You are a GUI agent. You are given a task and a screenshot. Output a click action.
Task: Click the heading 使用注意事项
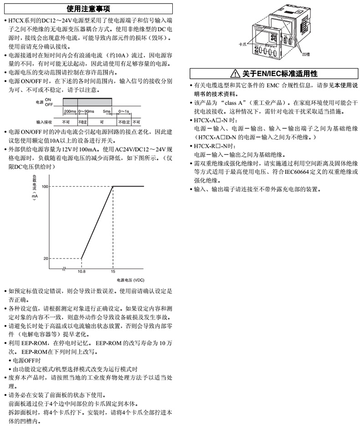[88, 8]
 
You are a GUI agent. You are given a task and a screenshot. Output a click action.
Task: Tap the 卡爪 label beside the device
[242, 45]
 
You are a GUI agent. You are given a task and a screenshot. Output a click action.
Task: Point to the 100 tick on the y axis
[45, 186]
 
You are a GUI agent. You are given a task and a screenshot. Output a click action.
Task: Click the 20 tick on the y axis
[46, 259]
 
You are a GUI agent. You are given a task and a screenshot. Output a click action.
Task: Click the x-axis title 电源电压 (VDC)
[130, 280]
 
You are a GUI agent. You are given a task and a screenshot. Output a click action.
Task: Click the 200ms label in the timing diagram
[70, 111]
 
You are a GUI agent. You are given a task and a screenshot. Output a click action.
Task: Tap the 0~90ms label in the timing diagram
[86, 111]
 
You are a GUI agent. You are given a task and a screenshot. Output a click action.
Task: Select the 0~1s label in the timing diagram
[123, 111]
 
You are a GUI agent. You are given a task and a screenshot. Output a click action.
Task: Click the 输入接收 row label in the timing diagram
[45, 122]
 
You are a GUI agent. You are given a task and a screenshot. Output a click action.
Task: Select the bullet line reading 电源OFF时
[28, 360]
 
